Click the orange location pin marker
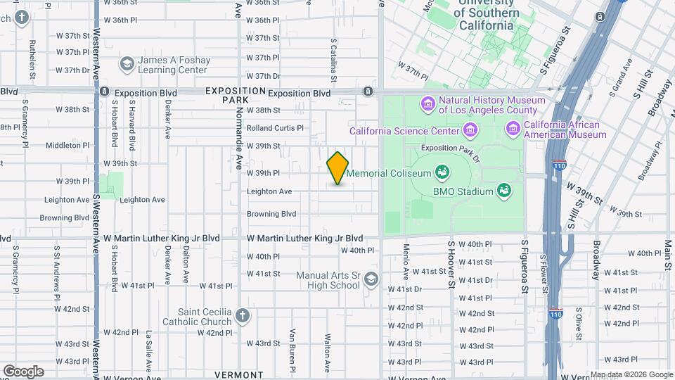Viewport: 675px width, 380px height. (x=337, y=168)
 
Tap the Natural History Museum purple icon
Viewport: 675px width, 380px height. (x=427, y=105)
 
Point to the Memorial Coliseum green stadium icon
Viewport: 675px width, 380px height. (x=442, y=172)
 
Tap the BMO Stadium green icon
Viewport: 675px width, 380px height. (x=503, y=190)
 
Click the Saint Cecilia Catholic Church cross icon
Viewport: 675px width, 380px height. (x=243, y=317)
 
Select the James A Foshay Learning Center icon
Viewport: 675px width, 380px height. (x=127, y=65)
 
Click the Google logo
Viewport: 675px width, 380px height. (x=23, y=372)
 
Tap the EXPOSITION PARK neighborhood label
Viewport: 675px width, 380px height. (x=236, y=96)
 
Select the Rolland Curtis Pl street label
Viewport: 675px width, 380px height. (x=275, y=128)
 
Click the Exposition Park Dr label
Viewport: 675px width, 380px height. (x=449, y=148)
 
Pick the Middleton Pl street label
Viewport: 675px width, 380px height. (x=67, y=146)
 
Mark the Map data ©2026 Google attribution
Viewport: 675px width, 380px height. (x=631, y=374)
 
